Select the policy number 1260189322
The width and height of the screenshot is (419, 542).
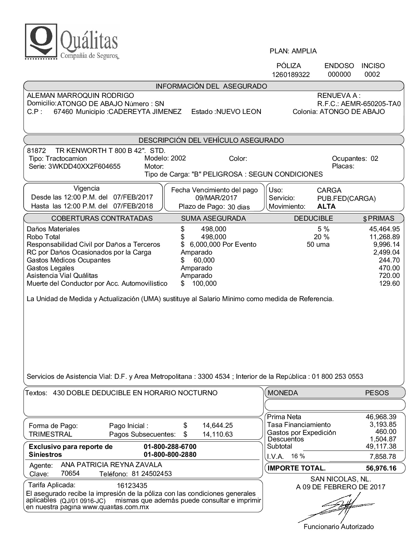(291, 75)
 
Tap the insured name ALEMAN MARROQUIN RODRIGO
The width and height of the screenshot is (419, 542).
(80, 95)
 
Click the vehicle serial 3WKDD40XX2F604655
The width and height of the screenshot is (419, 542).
(84, 167)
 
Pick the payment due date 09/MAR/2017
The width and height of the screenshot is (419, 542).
(214, 198)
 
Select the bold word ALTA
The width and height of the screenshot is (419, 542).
(326, 206)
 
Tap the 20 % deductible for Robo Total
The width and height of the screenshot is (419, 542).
(321, 237)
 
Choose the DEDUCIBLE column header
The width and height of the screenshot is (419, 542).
(313, 218)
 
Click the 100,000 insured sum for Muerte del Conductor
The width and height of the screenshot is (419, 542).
(204, 283)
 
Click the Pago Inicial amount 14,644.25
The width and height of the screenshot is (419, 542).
(217, 426)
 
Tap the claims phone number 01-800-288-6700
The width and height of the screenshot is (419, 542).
(170, 447)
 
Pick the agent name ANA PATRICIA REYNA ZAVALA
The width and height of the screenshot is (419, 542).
(111, 465)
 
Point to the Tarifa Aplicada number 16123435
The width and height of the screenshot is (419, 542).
(132, 486)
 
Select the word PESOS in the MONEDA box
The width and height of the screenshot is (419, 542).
(377, 393)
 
